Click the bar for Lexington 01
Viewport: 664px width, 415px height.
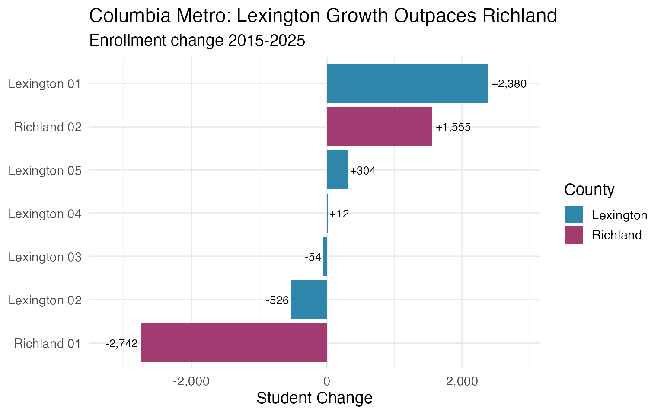coord(407,83)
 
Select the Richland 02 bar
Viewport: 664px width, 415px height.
coord(379,127)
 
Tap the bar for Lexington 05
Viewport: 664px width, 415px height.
coord(337,170)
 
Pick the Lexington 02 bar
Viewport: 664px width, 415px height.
coord(309,300)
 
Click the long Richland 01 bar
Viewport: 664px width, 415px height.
coord(234,343)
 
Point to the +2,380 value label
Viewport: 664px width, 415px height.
coord(509,84)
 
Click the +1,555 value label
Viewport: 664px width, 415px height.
coord(453,128)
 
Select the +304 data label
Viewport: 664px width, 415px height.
coord(363,171)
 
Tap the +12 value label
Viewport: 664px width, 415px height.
coord(339,214)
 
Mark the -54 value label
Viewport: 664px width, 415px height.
coord(313,257)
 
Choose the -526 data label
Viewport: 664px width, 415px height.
coord(277,300)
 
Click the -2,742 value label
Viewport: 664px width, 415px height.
coord(121,344)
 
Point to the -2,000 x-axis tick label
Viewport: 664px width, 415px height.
coord(191,381)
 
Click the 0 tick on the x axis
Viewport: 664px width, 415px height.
coord(327,381)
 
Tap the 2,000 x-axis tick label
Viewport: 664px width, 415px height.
coord(462,381)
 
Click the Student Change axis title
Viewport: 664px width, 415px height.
coord(314,398)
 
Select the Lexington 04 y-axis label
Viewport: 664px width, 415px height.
coord(45,214)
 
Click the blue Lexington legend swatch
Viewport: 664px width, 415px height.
coord(574,215)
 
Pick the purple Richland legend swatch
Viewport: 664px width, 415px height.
coord(574,235)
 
